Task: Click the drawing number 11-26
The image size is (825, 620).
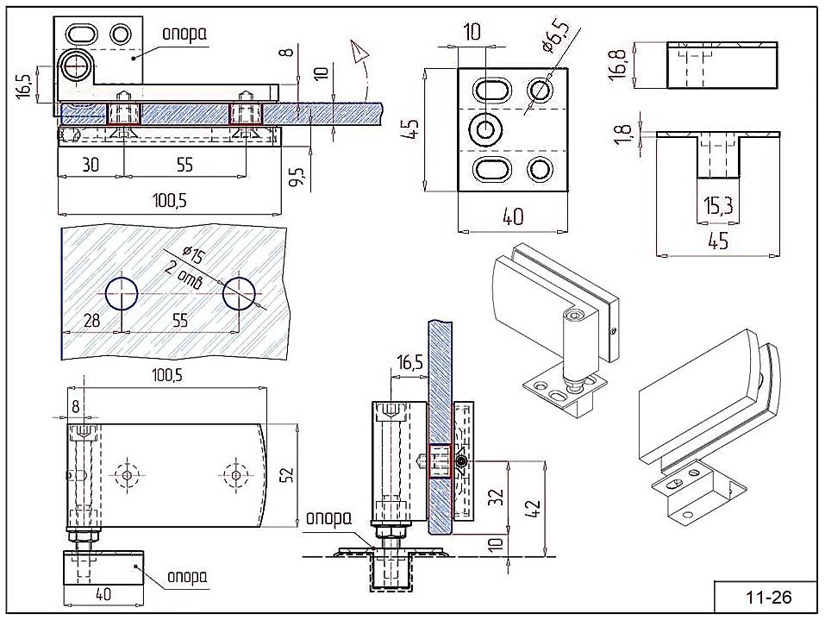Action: pos(766,597)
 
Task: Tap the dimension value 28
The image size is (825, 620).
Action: pos(92,321)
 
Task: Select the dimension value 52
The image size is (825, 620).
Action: pos(291,475)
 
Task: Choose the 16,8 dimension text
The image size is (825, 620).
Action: pos(618,65)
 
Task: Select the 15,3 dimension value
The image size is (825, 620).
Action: pos(717,206)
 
